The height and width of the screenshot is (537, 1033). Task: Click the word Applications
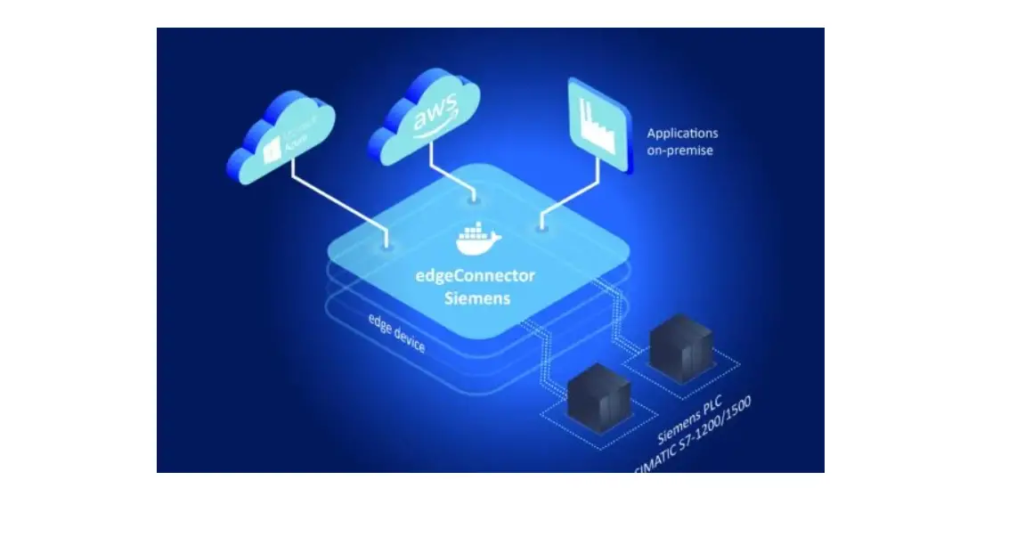point(682,134)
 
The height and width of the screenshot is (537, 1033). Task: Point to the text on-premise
point(680,151)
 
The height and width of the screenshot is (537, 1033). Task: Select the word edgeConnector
point(477,277)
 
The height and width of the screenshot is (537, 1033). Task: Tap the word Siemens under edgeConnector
point(477,298)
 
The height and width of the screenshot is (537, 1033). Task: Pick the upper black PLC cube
point(679,346)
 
